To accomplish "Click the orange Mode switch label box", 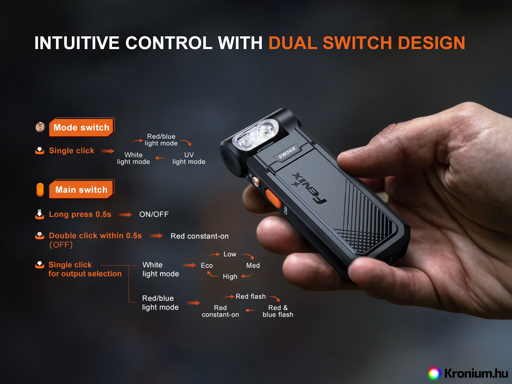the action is (x=81, y=127).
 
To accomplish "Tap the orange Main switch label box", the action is (x=81, y=189).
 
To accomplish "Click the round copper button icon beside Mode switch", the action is (x=40, y=127).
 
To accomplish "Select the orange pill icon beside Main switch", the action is (x=40, y=190).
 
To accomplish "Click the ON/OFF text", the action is (x=154, y=214).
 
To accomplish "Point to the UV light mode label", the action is (x=189, y=158).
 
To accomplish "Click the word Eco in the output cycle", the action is (x=207, y=265).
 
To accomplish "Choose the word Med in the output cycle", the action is (x=253, y=265).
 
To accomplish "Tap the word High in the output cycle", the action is (x=230, y=277).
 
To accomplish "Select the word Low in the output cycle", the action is (x=230, y=254).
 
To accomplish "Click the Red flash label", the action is (x=251, y=296).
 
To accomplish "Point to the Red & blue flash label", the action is (x=278, y=311).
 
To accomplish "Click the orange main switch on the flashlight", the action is (x=273, y=198).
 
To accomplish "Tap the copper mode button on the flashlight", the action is (x=256, y=181).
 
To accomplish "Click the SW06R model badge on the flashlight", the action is (x=287, y=153).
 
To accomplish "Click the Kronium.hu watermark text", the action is (x=476, y=373).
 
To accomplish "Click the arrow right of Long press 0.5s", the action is (x=125, y=215).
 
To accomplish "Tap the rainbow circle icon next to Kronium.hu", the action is (x=434, y=373).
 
